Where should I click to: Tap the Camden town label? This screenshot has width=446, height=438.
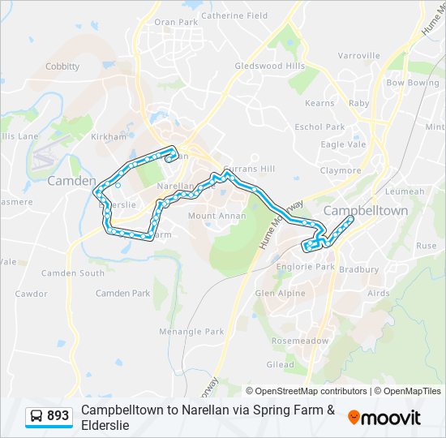click(x=71, y=181)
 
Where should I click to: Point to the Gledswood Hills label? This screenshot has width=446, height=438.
click(x=269, y=66)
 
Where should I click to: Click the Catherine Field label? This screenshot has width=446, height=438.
click(x=234, y=15)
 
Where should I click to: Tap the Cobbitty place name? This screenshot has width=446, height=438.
click(x=62, y=67)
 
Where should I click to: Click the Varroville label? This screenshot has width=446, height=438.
click(x=358, y=56)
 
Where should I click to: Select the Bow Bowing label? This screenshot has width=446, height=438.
click(x=412, y=83)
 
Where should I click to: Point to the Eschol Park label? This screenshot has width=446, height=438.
click(x=319, y=127)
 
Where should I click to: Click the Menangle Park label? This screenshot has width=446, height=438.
click(x=191, y=331)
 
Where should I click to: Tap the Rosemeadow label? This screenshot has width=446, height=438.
click(x=301, y=341)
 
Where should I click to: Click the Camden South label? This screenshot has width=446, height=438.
click(x=73, y=273)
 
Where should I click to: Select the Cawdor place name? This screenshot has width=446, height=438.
click(x=31, y=294)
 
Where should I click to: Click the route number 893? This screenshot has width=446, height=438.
click(x=58, y=416)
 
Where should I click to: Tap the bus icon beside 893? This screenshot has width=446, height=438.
click(x=36, y=416)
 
